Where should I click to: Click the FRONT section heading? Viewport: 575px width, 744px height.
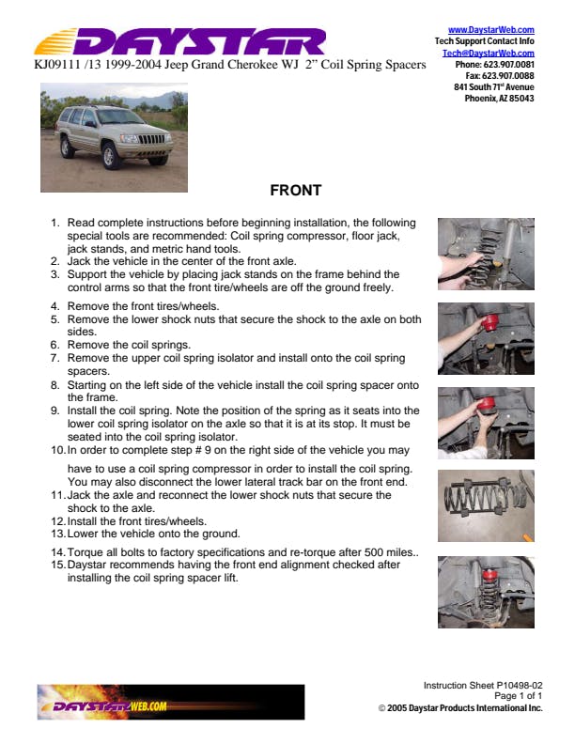295,191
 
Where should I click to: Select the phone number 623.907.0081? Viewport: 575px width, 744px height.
507,65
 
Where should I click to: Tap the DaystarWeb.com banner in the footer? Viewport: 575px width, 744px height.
169,703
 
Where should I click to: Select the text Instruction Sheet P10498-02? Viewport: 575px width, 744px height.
482,686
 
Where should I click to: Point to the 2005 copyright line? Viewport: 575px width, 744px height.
460,707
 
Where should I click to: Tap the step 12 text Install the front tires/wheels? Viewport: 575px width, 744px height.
137,520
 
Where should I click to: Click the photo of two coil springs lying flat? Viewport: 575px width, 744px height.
486,505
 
